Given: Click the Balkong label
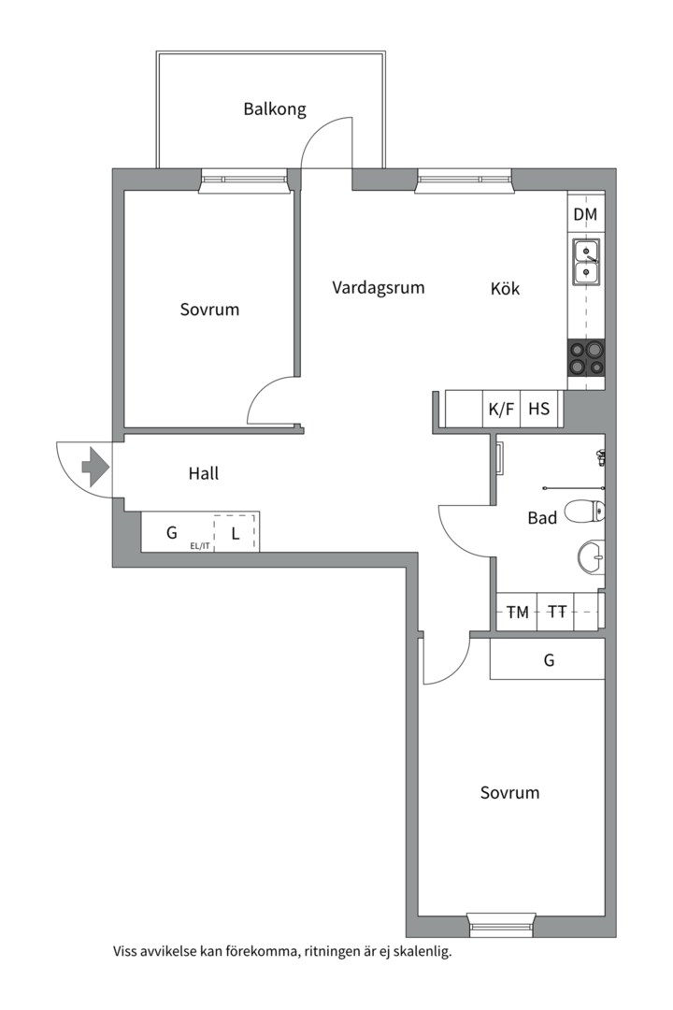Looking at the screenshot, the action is tap(275, 108).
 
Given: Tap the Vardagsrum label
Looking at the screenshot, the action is tap(378, 287).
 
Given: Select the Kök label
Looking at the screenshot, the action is tap(505, 288).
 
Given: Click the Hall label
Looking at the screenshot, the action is tap(204, 473).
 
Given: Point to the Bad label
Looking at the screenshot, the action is tap(542, 518).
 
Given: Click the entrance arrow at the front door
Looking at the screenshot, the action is tap(94, 466).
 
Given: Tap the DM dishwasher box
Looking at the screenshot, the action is tap(585, 214).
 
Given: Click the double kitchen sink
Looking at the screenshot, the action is tap(586, 262).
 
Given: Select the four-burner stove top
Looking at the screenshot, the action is tap(586, 358).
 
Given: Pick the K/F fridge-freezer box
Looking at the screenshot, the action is tap(501, 409).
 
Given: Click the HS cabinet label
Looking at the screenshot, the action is tap(539, 409).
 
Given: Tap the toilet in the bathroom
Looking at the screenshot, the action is tap(585, 512).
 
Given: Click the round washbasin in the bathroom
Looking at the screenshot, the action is tap(591, 557).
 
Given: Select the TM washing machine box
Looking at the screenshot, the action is tap(517, 612).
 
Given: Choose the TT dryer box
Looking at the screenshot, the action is tap(556, 612).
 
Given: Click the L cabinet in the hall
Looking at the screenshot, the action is tap(236, 533).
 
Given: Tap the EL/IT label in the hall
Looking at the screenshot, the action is tap(200, 546).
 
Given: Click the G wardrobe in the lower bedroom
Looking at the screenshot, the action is tap(548, 659).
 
